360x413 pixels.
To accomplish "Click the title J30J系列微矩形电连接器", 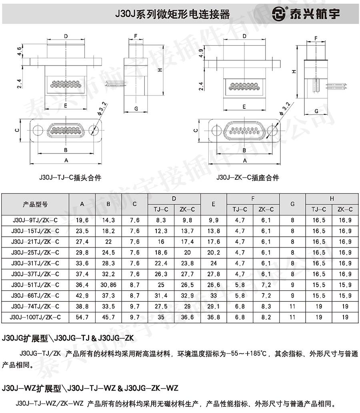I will (173, 14).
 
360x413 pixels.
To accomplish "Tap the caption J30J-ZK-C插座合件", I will (248, 178).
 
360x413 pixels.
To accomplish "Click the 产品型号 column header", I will (35, 204).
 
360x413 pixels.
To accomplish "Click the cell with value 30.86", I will (108, 285).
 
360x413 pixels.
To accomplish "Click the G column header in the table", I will (292, 204).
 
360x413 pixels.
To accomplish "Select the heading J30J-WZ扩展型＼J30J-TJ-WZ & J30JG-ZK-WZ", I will (90, 388).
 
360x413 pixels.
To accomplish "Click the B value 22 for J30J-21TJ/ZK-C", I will (108, 241).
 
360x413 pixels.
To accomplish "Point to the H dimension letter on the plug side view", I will (160, 70).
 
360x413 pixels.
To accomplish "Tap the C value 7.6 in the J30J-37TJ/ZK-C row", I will (134, 274).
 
